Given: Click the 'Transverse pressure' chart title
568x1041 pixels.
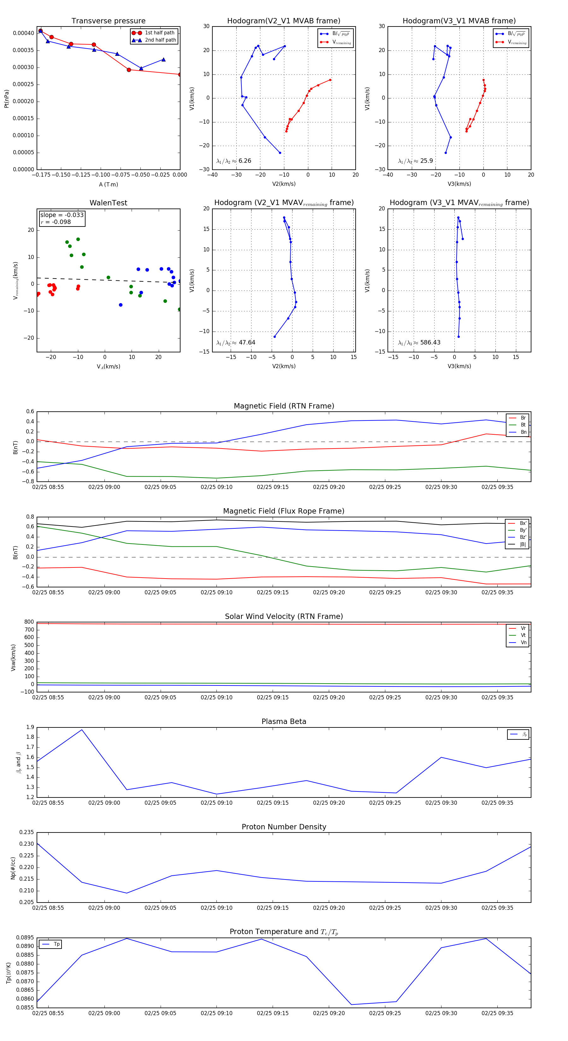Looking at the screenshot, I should click(x=108, y=21).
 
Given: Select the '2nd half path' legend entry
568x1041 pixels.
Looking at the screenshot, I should click(x=160, y=40).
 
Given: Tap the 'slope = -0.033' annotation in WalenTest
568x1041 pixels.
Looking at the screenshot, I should click(x=62, y=215).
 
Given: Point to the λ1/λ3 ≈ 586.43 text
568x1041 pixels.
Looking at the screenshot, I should click(x=419, y=343).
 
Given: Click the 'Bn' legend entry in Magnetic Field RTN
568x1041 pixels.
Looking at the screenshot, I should click(x=523, y=432).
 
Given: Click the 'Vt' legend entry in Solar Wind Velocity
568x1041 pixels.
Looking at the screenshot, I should click(x=523, y=635).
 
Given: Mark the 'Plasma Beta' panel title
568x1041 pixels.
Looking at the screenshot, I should click(x=284, y=721).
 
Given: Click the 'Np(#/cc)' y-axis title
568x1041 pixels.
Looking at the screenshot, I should click(x=13, y=867).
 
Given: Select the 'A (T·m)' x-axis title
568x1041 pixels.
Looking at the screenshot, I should click(x=108, y=185).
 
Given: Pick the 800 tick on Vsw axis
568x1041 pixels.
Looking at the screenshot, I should click(x=29, y=622).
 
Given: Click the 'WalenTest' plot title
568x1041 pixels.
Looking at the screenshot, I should click(x=108, y=203).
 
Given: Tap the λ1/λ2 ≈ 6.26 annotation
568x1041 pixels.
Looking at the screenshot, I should click(x=234, y=161).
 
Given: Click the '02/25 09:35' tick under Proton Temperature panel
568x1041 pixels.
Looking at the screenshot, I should click(x=497, y=1013).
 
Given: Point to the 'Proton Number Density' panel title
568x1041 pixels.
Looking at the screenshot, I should click(x=284, y=826).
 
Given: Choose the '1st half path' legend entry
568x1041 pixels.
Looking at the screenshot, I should click(x=159, y=33).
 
